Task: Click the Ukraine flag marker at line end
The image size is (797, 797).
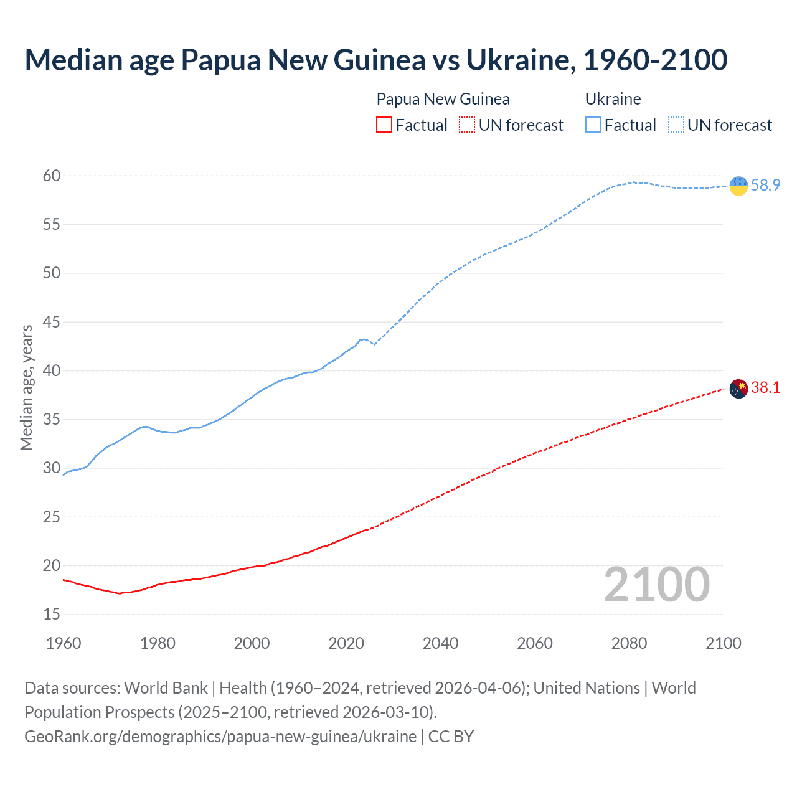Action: coord(738,186)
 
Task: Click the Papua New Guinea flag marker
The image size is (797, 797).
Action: coord(738,389)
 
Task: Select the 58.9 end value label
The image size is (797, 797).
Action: coord(765,186)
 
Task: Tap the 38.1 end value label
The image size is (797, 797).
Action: coord(765,388)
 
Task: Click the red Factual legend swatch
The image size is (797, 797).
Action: coord(384,125)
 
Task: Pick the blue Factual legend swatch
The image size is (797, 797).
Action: coord(593,125)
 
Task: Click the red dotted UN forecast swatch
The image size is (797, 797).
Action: coord(467,125)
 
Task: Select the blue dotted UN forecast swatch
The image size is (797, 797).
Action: coord(676,125)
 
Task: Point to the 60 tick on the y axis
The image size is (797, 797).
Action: coord(52,176)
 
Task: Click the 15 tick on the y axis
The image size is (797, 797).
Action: coord(52,615)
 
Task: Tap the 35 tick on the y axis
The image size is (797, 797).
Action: coord(52,420)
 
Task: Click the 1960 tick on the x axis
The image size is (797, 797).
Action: coord(64,643)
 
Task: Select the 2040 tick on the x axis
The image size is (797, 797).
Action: coord(440,643)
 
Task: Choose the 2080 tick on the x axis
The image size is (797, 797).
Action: coord(629,643)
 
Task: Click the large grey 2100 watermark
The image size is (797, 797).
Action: coord(656,585)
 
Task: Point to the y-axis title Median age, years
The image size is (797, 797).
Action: coord(26,387)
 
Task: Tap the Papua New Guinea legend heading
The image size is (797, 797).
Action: coord(443,99)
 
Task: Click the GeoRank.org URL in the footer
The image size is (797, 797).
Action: coord(220,737)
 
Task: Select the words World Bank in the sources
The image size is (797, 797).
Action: coord(166,688)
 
